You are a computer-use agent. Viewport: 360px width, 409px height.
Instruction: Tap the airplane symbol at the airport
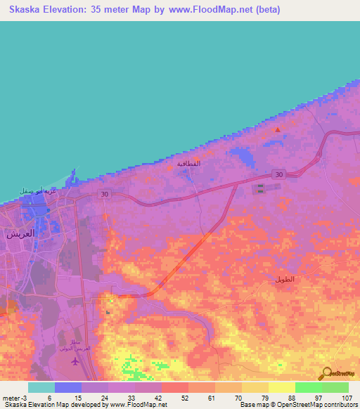coord(75,361)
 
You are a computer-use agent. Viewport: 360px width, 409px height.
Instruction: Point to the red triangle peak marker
coord(277,129)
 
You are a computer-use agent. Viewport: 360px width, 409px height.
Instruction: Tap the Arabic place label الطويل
coord(285,280)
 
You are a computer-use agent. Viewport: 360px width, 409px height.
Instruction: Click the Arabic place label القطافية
coord(188,164)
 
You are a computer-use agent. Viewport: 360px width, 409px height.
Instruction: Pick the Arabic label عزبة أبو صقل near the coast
coord(37,190)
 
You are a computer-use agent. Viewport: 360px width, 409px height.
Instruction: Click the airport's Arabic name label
coord(85,335)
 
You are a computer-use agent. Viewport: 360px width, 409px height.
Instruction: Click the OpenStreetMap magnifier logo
coord(326,374)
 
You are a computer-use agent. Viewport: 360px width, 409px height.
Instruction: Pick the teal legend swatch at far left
coord(41,387)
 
